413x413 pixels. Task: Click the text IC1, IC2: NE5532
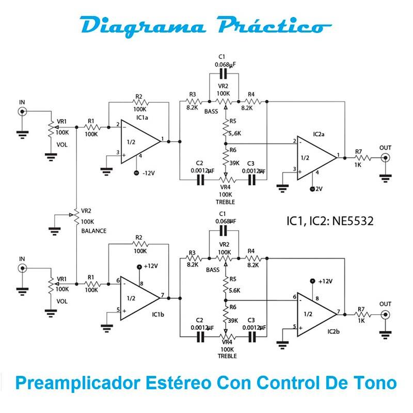[x=330, y=221]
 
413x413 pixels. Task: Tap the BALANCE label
[x=94, y=231]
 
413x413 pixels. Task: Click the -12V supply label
[x=150, y=173]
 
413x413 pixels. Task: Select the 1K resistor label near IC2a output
[x=358, y=165]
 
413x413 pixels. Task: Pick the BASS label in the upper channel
[x=212, y=112]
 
